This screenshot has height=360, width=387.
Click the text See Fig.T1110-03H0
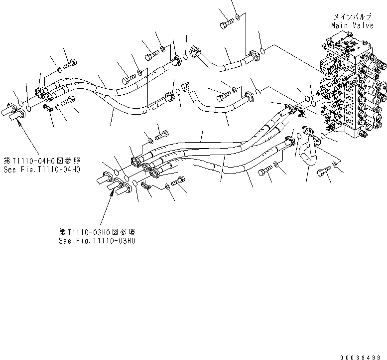pos(97,240)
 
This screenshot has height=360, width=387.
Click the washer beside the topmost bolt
pos(239,18)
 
